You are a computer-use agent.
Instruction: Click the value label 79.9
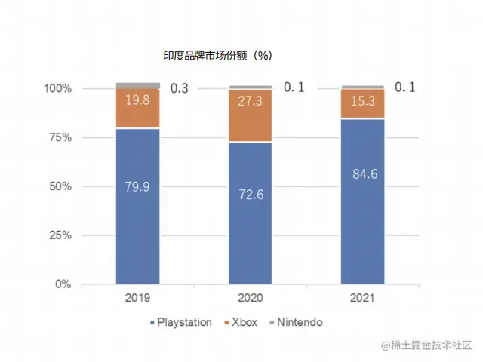pyautogui.click(x=137, y=186)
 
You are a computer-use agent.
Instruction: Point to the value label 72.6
pyautogui.click(x=251, y=195)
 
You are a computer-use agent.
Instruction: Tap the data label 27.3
pyautogui.click(x=251, y=100)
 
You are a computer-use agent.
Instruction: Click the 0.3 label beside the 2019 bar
pyautogui.click(x=180, y=88)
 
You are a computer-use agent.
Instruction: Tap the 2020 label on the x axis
pyautogui.click(x=251, y=298)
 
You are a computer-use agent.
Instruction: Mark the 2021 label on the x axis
pyautogui.click(x=363, y=298)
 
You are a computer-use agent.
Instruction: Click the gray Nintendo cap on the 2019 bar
pyautogui.click(x=137, y=85)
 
